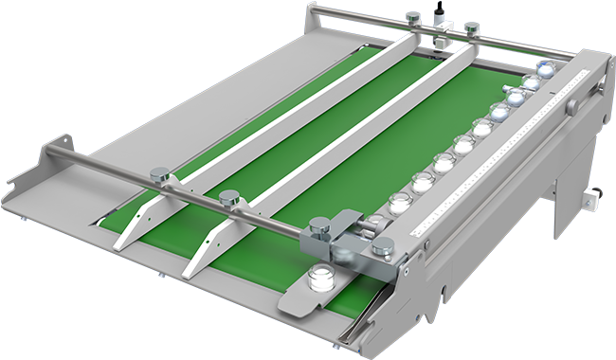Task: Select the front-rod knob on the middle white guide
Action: coord(228,198)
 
